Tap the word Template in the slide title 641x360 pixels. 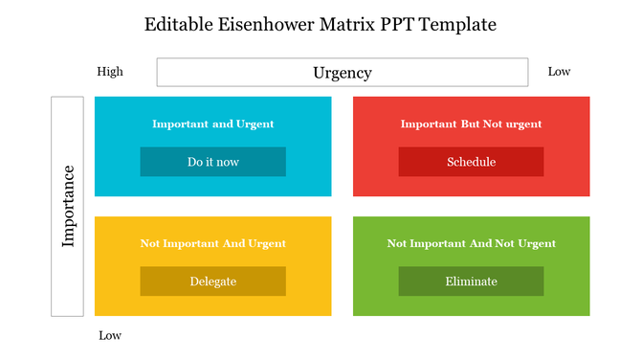point(453,24)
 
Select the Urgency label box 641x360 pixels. point(342,72)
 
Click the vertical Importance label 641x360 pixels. point(67,206)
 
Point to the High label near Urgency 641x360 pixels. point(110,71)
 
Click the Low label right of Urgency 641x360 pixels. point(559,71)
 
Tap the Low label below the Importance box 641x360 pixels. point(110,335)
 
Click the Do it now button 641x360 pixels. point(212,162)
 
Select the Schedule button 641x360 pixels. point(471,162)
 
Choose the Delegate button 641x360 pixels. point(212,281)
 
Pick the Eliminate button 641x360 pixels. point(471,281)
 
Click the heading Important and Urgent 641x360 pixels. point(212,124)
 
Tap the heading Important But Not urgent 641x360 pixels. point(471,124)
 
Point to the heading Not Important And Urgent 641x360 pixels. point(212,243)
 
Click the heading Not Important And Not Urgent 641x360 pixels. point(471,243)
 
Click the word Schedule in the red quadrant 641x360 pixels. point(471,162)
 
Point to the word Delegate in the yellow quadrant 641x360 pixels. point(212,281)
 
